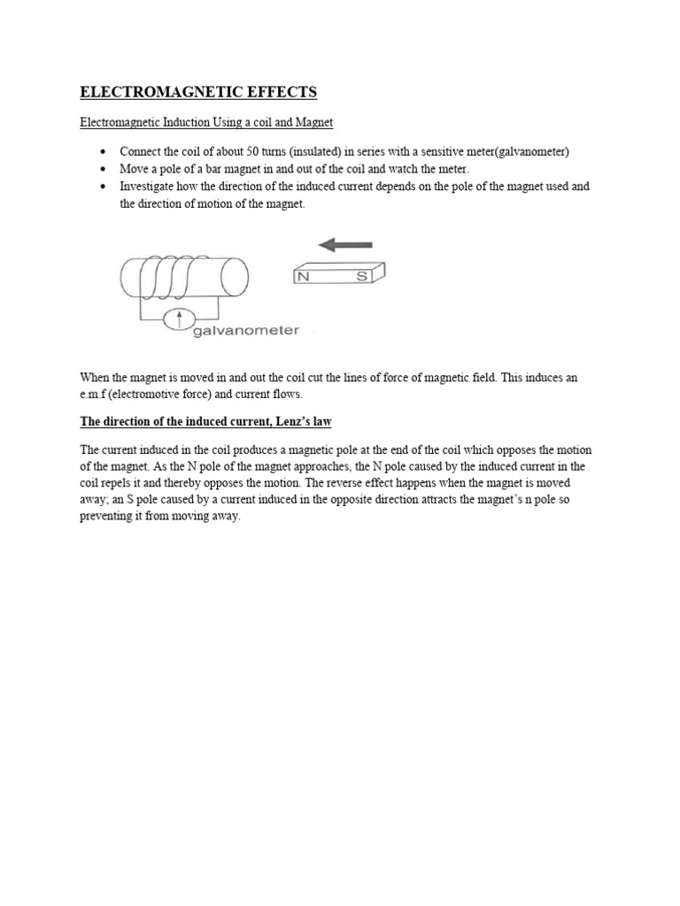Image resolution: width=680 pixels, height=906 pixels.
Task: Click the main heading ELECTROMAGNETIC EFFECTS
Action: coord(198,92)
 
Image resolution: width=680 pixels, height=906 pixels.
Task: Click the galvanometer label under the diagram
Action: coord(245,331)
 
